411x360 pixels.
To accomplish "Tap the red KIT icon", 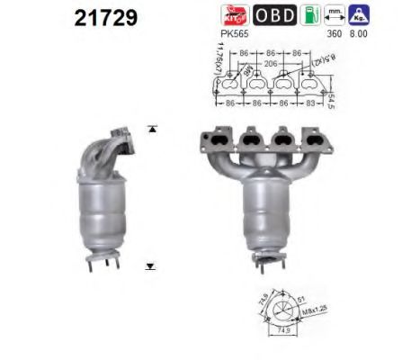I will (x=233, y=14).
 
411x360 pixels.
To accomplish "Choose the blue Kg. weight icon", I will (x=359, y=14).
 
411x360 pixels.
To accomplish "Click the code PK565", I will (x=233, y=34).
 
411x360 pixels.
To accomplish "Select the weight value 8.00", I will (x=360, y=34).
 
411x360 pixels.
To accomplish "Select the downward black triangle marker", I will (x=149, y=267).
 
